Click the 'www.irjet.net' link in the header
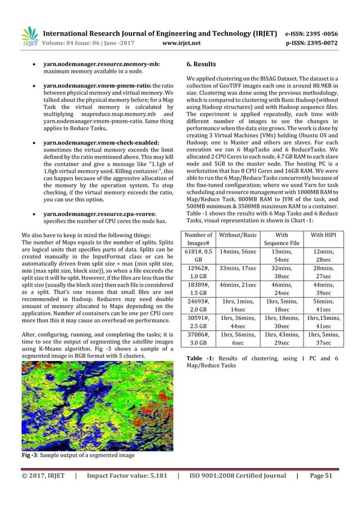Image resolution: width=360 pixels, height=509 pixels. (179, 41)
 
